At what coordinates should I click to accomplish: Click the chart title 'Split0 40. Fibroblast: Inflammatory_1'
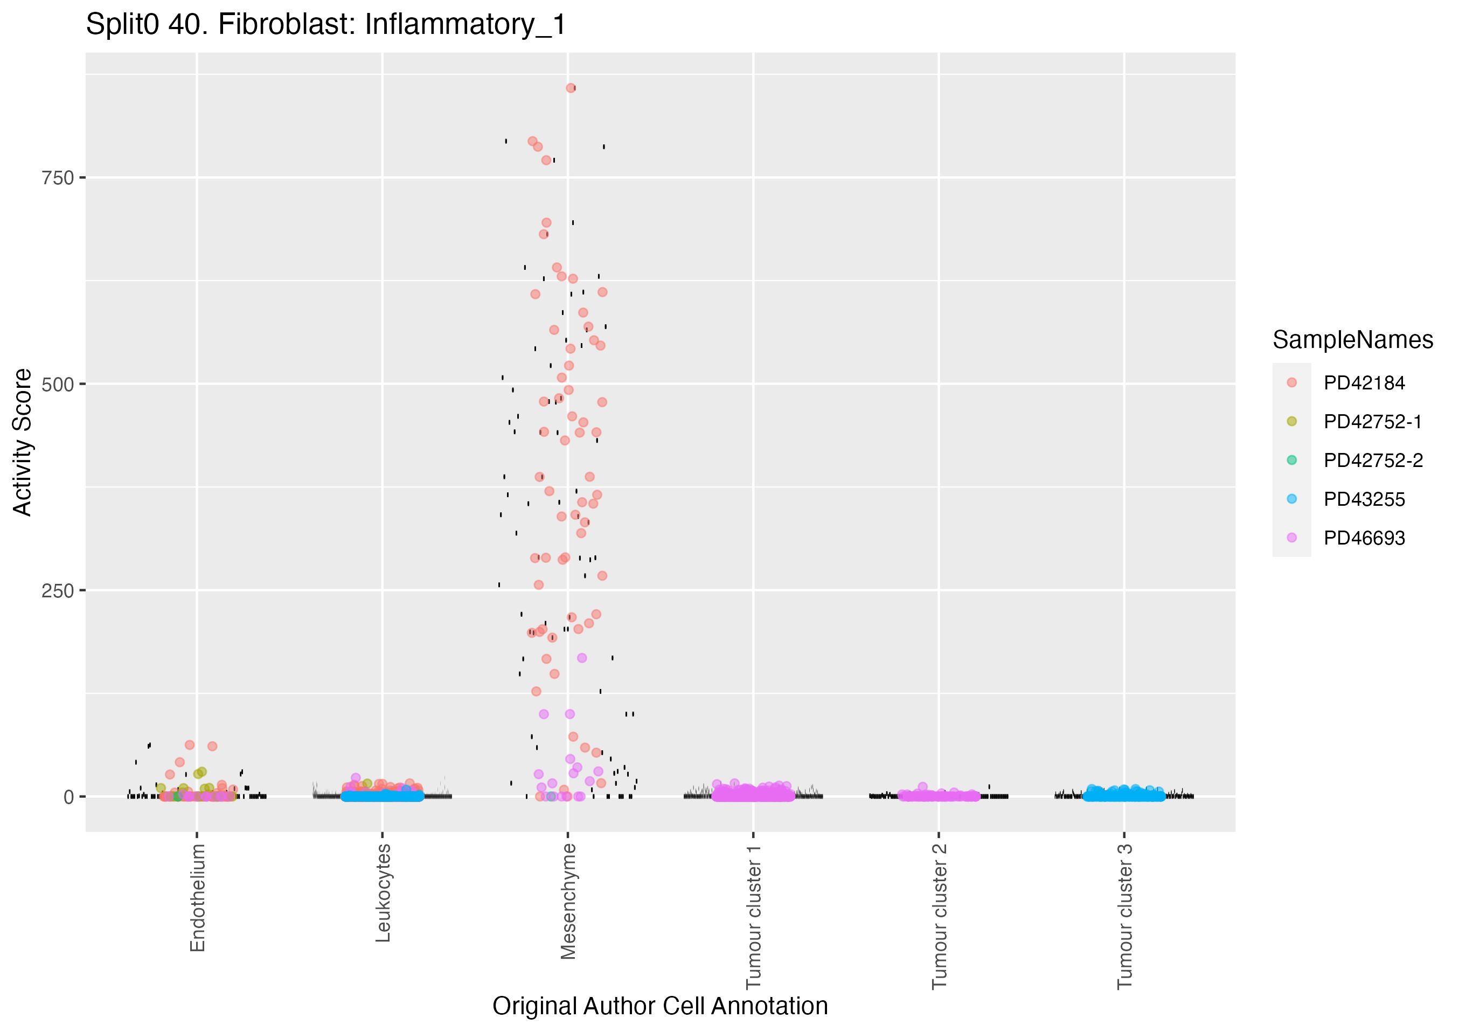325,25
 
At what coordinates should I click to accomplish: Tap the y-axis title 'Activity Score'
23,442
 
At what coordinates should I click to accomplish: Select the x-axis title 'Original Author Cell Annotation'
659,1006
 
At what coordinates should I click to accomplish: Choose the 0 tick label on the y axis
68,797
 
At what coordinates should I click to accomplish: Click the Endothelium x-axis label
198,897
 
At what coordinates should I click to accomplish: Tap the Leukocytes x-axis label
383,893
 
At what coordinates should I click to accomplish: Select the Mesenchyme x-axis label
568,901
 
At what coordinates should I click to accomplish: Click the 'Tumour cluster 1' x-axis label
754,916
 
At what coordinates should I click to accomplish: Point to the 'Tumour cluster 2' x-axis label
939,916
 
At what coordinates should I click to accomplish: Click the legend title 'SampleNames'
1352,340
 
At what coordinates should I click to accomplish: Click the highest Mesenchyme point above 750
571,88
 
